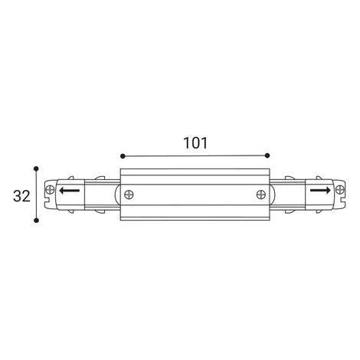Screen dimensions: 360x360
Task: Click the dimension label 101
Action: (x=195, y=143)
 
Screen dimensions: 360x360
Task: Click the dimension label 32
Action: (x=21, y=196)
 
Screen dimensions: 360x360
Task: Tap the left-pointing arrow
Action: (x=69, y=191)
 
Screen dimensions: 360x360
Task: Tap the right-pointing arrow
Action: (x=320, y=190)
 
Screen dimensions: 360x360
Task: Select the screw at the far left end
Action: (x=50, y=190)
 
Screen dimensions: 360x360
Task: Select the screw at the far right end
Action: (x=340, y=190)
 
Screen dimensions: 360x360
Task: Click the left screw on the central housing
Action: (x=129, y=195)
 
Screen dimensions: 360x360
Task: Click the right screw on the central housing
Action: (x=261, y=195)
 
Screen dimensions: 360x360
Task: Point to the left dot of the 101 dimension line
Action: (x=123, y=156)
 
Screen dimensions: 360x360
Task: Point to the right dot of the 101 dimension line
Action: (x=267, y=155)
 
